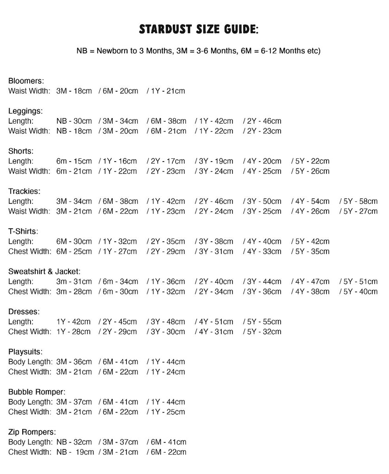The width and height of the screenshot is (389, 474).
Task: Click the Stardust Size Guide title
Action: [x=199, y=30]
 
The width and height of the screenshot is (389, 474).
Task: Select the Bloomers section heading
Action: [x=26, y=81]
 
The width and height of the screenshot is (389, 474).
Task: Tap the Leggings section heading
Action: [x=25, y=111]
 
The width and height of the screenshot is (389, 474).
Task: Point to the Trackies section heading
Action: [x=25, y=191]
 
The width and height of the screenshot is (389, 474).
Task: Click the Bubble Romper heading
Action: [x=37, y=392]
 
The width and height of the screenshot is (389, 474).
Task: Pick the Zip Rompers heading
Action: [x=32, y=432]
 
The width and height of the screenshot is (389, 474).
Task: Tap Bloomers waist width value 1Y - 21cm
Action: [x=168, y=91]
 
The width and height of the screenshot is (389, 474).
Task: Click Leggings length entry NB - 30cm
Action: [x=74, y=121]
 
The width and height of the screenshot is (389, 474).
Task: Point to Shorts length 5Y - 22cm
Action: [x=312, y=161]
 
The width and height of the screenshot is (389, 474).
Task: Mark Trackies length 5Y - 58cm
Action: [x=360, y=201]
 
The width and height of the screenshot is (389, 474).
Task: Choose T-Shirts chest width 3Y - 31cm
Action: [x=216, y=252]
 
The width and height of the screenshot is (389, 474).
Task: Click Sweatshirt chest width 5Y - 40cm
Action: [x=360, y=292]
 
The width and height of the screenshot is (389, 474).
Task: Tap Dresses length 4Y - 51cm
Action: [x=216, y=322]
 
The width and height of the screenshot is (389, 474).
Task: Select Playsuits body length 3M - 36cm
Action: [x=74, y=362]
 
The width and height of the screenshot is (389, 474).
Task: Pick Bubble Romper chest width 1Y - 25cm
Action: [x=168, y=412]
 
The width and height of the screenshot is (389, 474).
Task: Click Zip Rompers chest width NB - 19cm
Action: [x=75, y=452]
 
